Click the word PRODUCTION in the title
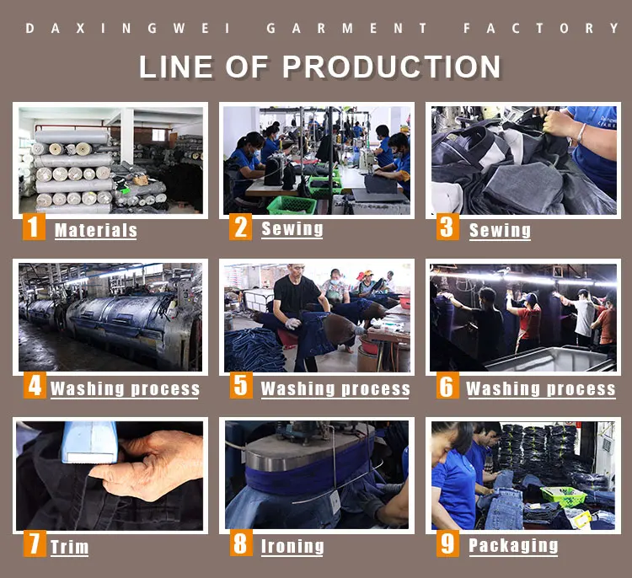point(392,67)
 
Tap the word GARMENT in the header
point(346,28)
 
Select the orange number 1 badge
point(34,227)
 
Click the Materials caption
point(96,231)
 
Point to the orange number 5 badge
point(241,385)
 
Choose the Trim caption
point(69,547)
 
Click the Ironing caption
point(292,547)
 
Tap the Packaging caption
point(513,546)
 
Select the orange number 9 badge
point(447,543)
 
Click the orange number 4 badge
point(35,385)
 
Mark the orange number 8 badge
point(241,543)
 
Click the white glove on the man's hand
point(292,324)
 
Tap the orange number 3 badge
point(447,227)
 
